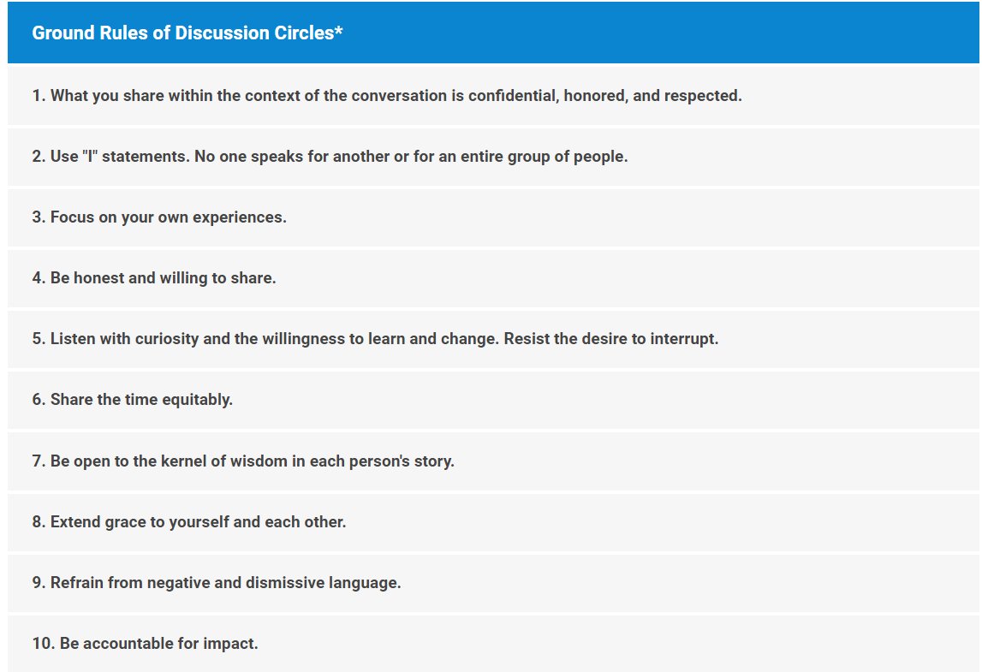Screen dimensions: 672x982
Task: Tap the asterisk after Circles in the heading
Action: tap(339, 31)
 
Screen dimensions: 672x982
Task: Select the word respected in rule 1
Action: tap(703, 96)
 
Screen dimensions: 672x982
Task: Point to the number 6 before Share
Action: tap(37, 400)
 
